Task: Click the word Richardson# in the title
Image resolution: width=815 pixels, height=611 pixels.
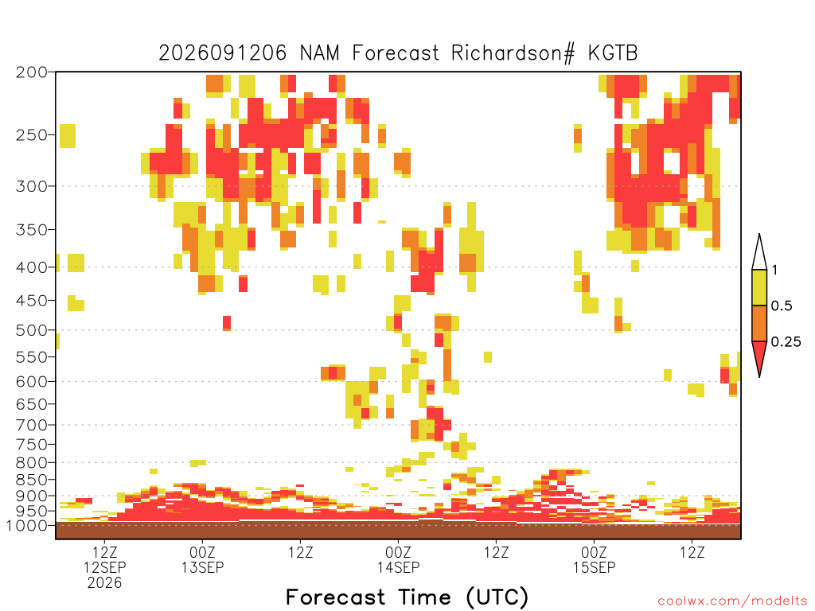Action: point(513,53)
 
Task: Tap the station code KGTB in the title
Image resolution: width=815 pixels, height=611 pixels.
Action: point(613,53)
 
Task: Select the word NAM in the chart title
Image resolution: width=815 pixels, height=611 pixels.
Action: point(320,53)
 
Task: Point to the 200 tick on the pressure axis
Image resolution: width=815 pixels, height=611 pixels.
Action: point(32,72)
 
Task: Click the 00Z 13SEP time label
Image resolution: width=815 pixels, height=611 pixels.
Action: point(202,559)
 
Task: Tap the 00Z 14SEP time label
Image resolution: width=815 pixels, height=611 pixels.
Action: point(398,559)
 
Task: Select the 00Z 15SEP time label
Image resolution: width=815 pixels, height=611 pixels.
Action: point(594,559)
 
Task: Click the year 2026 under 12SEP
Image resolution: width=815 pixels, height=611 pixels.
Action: point(104,583)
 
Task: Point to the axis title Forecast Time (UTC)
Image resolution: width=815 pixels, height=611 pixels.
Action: point(407,597)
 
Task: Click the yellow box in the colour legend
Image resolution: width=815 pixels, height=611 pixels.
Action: point(759,287)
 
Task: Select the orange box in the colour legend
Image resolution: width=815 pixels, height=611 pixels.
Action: point(759,323)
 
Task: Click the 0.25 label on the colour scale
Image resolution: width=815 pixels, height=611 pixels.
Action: point(786,342)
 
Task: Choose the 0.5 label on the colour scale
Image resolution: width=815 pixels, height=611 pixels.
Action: point(782,306)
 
